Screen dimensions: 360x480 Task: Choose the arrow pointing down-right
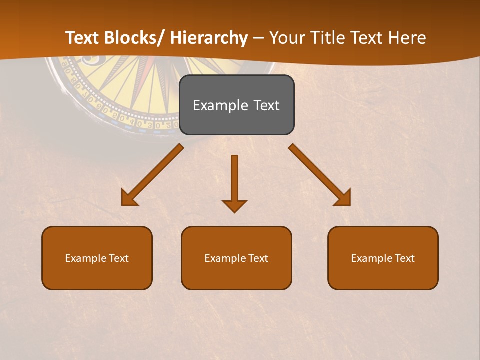[318, 173]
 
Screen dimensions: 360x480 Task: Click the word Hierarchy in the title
[209, 38]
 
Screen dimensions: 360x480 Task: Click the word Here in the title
[406, 38]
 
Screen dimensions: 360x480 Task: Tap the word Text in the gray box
[266, 105]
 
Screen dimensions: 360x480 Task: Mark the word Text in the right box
[404, 258]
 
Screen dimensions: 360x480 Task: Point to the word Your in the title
[287, 38]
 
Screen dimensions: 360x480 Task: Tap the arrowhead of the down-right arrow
[344, 199]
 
